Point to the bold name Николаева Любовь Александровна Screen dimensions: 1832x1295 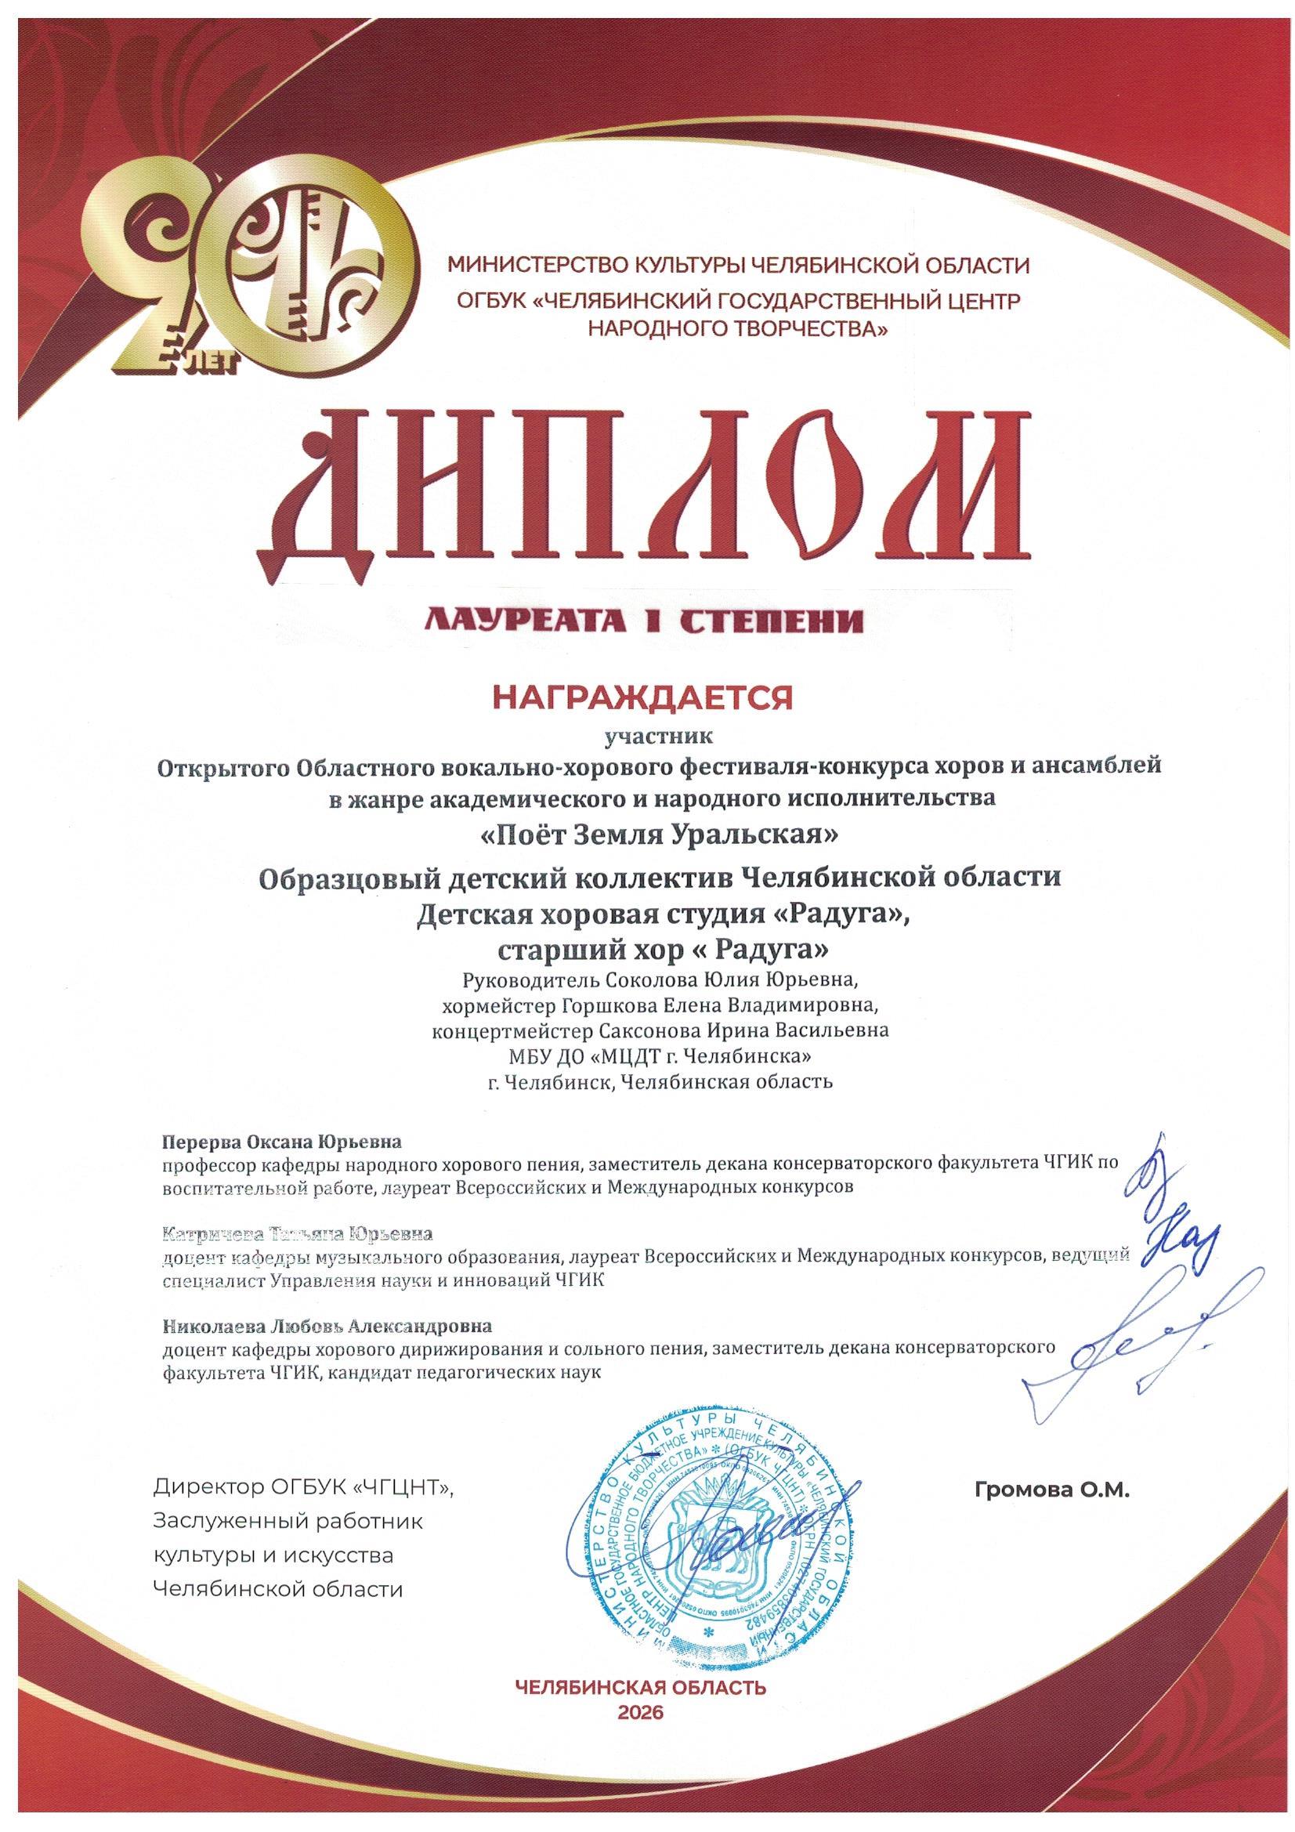(327, 1326)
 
